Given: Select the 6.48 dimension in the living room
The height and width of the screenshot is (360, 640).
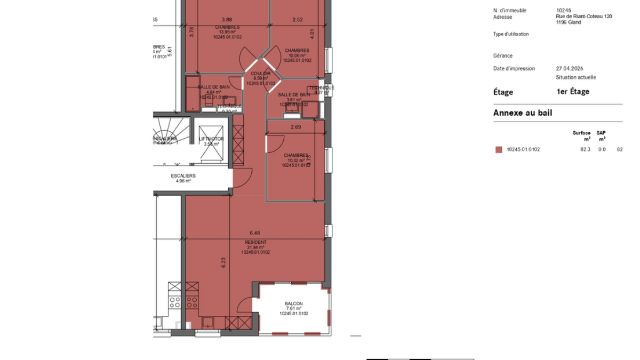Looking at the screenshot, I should (255, 233).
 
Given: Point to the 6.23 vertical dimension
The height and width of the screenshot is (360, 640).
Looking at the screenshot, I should (225, 263).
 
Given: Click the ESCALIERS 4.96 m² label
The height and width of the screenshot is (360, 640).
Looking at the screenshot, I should (183, 178).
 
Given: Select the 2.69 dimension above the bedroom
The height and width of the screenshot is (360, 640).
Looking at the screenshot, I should (296, 127).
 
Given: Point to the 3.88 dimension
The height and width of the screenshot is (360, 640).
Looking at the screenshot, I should (227, 20).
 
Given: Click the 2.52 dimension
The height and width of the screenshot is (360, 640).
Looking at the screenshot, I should (298, 20).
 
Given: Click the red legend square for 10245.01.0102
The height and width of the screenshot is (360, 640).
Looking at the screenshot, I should (499, 150).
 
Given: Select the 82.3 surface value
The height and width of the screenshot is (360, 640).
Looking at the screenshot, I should (585, 149).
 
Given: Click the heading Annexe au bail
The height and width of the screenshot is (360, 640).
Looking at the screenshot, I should (523, 113).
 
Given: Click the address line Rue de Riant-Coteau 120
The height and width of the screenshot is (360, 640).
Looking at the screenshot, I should (583, 17).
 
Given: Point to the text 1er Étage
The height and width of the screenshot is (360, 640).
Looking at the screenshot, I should (572, 92).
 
